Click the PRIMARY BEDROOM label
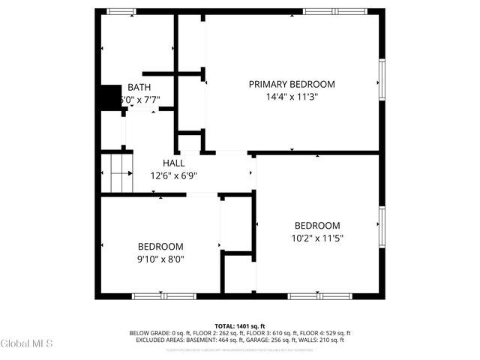pos(292,84)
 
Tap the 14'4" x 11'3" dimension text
pos(292,97)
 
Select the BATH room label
pos(139,87)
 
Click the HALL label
pos(174,163)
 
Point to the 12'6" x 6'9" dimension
pos(173,175)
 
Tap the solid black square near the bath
pos(111,97)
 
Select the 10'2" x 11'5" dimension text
pos(316,238)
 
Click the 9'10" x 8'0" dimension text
pos(160,259)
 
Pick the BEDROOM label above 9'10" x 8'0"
pos(160,247)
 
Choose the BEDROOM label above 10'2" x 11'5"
pos(316,226)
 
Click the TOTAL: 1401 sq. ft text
pos(239,326)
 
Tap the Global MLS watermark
pos(27,343)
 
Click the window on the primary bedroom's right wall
pos(382,79)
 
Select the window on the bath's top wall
pos(121,11)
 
